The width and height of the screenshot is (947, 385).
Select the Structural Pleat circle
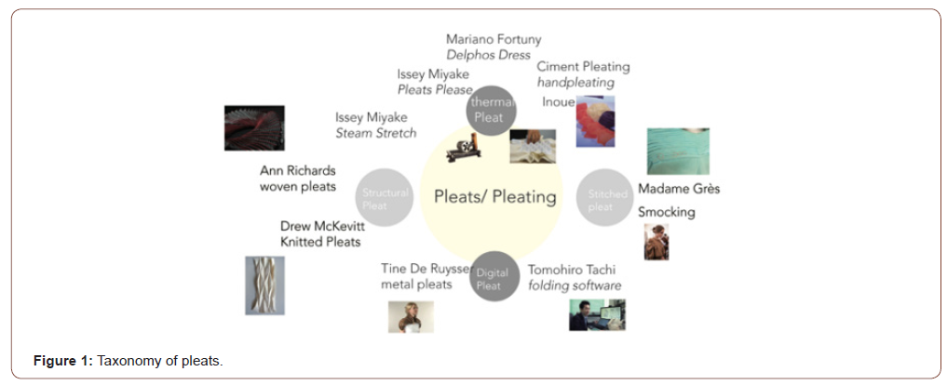click(385, 198)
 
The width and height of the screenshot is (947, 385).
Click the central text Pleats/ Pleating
click(494, 196)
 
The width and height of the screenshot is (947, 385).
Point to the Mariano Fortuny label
click(494, 39)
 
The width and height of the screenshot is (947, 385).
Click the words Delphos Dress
click(489, 55)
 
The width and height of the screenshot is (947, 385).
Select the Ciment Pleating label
click(583, 67)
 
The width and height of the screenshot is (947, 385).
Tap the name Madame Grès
click(678, 189)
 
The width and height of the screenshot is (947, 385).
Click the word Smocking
click(666, 212)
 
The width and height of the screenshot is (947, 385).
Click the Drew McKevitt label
click(321, 226)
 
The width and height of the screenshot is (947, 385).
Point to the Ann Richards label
click(298, 171)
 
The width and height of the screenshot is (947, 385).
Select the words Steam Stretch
click(375, 134)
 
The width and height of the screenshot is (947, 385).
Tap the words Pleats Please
click(435, 89)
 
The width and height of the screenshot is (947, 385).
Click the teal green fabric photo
click(678, 151)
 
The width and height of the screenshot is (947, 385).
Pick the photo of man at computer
click(597, 314)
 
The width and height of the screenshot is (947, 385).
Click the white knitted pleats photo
click(264, 285)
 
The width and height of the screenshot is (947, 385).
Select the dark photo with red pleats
click(254, 127)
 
